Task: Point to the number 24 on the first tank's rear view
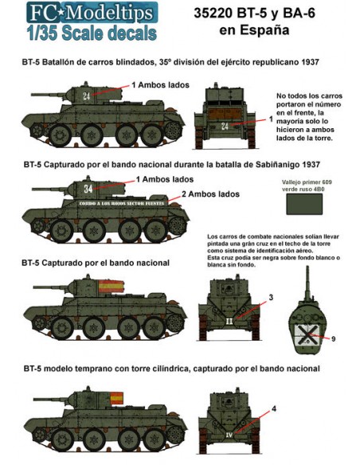[225, 126]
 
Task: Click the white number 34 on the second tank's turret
[88, 189]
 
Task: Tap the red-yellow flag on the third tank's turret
[106, 284]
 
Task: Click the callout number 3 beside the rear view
[271, 297]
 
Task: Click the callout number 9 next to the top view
[334, 338]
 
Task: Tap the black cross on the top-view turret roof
[305, 333]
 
